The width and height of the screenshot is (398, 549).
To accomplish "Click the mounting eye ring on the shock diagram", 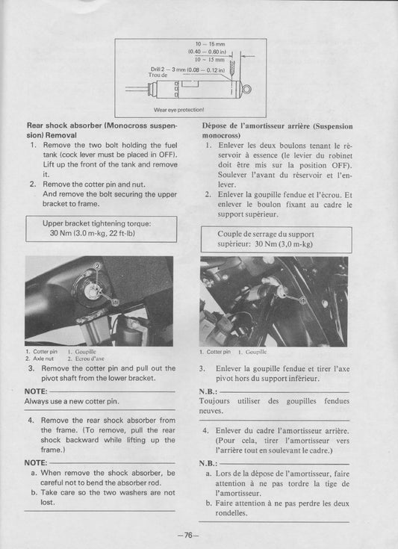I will click(x=247, y=90).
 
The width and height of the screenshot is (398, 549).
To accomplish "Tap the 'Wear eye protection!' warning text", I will click(x=178, y=109).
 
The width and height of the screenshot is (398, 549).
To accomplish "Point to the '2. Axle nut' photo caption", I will click(x=39, y=358).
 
